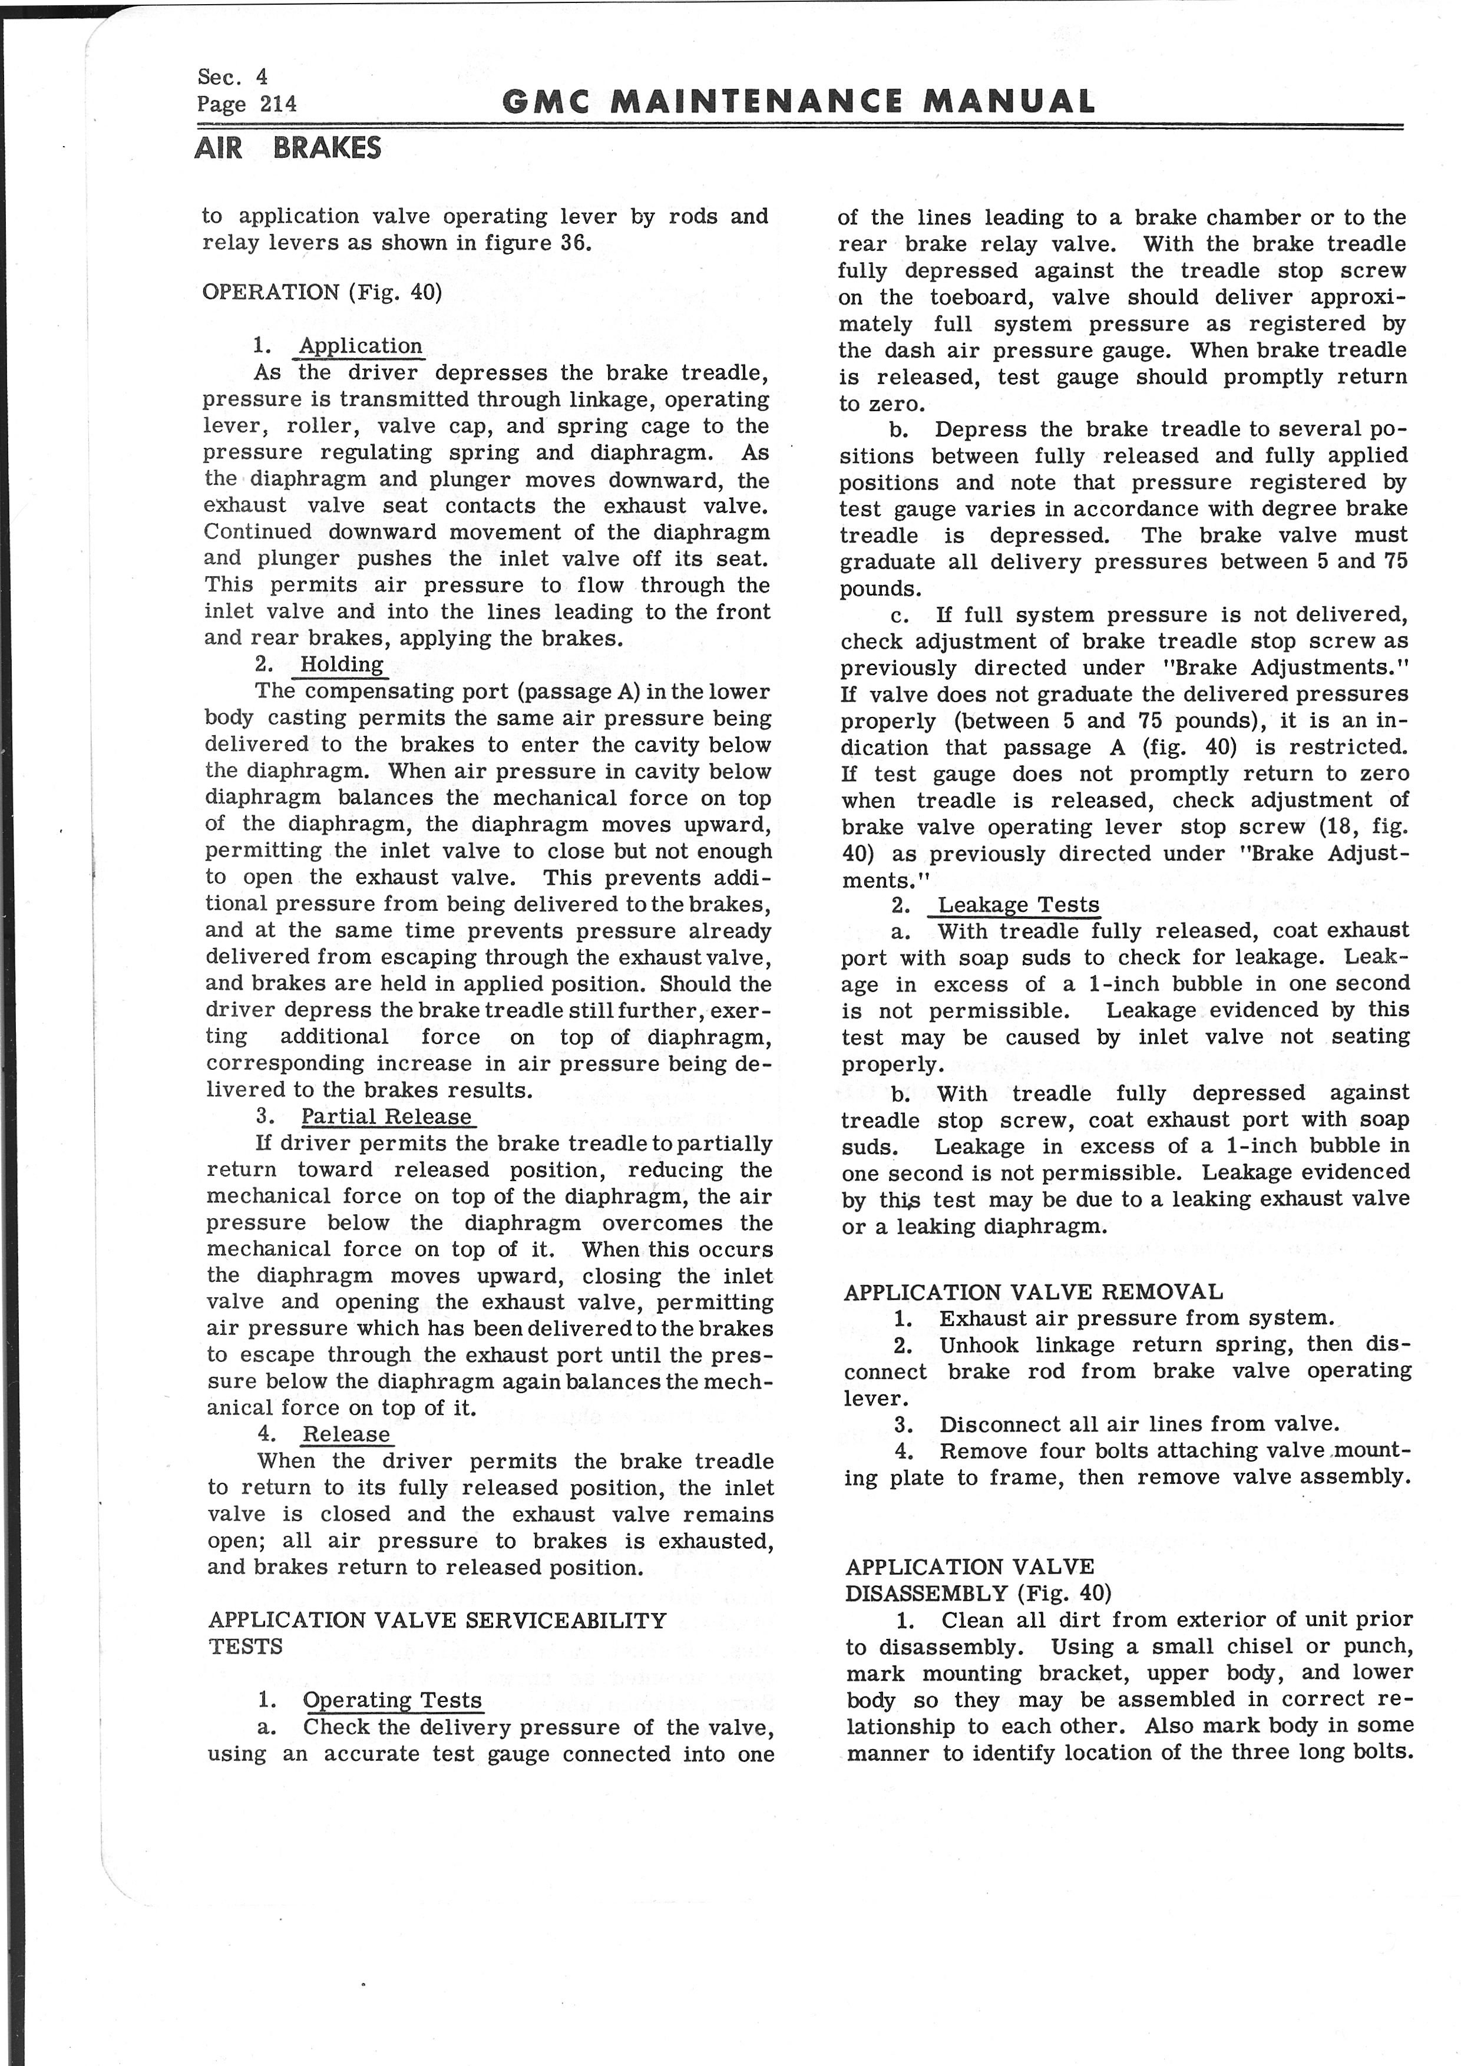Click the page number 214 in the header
click(278, 104)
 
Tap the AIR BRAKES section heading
click(288, 147)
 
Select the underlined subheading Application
click(360, 346)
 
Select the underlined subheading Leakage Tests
click(1019, 905)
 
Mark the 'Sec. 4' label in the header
click(232, 77)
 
